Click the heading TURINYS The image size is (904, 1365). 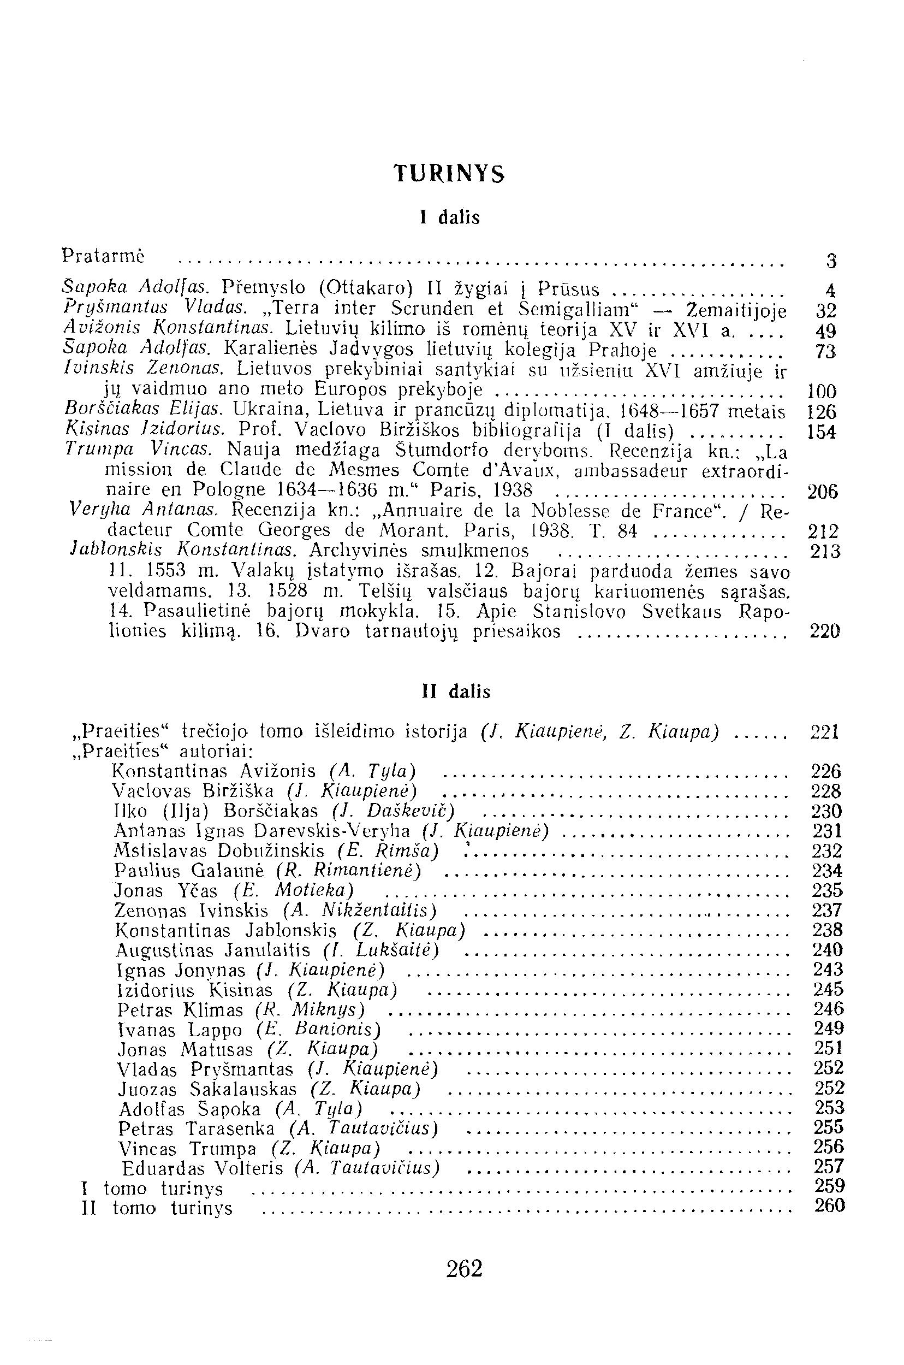click(x=449, y=173)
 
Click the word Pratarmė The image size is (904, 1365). click(x=103, y=255)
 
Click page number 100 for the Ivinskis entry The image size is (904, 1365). click(x=821, y=392)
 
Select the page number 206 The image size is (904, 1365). click(x=821, y=492)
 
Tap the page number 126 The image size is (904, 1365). click(x=821, y=412)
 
